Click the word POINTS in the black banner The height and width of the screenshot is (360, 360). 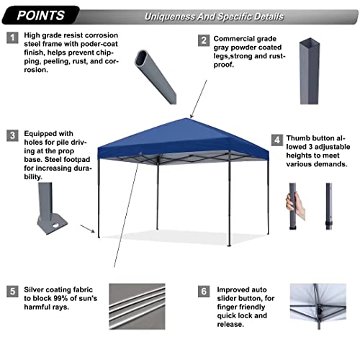[x=40, y=15]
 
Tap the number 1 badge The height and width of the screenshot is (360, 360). [x=12, y=37]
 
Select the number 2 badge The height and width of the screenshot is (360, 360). [x=204, y=40]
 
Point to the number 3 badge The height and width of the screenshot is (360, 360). [x=12, y=135]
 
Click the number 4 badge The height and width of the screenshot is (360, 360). [x=277, y=140]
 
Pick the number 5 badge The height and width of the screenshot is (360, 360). [x=12, y=292]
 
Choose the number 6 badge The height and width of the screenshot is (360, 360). [x=204, y=292]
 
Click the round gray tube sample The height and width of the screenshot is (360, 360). [x=156, y=77]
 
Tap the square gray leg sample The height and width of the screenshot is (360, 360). [x=310, y=71]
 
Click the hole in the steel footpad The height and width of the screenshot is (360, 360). [x=55, y=225]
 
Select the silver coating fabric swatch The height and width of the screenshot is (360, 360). [x=137, y=307]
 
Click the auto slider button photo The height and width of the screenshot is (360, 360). [x=318, y=307]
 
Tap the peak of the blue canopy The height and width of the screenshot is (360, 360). [x=187, y=118]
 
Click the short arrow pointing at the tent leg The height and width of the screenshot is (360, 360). [x=87, y=229]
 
